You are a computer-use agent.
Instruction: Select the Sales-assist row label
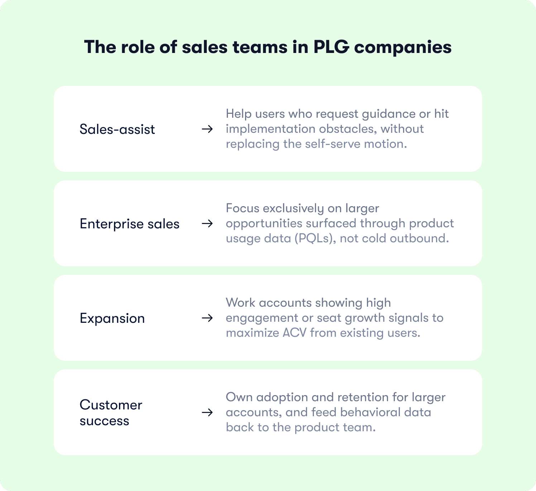click(x=117, y=129)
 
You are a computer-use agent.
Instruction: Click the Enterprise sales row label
click(x=129, y=224)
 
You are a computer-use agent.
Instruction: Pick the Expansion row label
click(x=112, y=318)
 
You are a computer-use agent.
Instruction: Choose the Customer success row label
click(x=111, y=413)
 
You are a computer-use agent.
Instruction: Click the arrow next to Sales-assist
click(x=207, y=129)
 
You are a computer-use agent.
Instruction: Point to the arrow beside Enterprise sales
click(x=207, y=223)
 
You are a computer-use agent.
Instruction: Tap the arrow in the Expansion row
click(x=207, y=318)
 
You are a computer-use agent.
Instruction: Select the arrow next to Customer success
click(x=207, y=412)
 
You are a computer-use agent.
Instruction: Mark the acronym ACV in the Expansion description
click(x=295, y=333)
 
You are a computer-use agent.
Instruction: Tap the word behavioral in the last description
click(x=370, y=412)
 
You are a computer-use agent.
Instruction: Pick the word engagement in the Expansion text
click(x=257, y=318)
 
